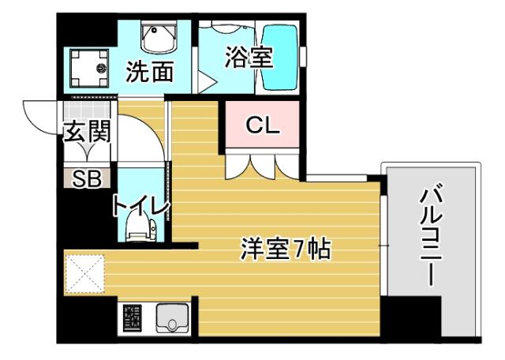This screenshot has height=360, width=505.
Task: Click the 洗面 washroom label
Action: click(150, 73)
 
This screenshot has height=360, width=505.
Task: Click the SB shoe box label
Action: click(86, 178)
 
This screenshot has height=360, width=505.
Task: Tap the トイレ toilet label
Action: click(140, 206)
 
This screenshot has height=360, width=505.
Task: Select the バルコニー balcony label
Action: click(431, 237)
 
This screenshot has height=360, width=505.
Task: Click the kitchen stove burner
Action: click(132, 319)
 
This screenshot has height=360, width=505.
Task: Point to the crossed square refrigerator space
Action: click(84, 272)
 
